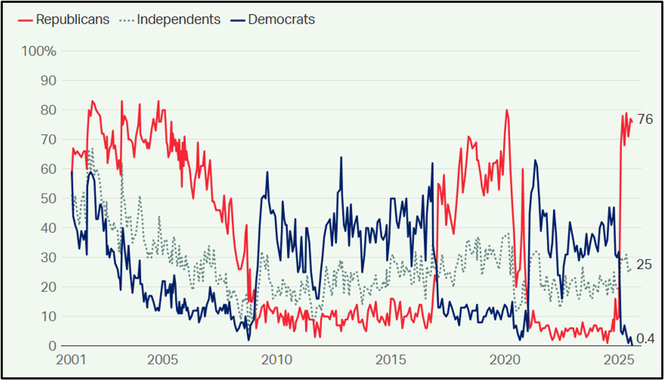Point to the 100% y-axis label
(39, 51)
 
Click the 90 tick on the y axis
(48, 81)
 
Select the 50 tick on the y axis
(48, 198)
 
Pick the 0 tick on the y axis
(52, 346)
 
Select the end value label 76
(644, 119)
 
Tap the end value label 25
(644, 265)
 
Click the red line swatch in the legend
(26, 20)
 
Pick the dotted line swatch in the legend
(126, 20)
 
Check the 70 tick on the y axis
(48, 140)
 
